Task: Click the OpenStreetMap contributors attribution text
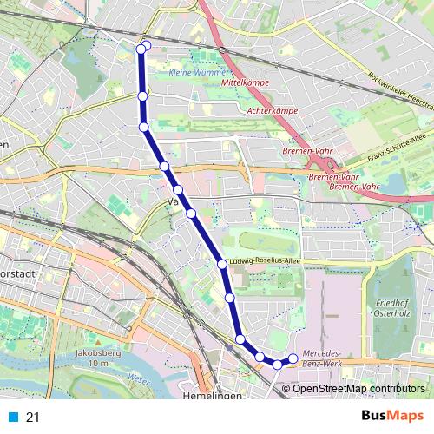[358, 388]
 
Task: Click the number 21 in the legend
[33, 418]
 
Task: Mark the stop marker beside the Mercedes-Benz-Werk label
[293, 358]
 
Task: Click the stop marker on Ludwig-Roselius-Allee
[222, 263]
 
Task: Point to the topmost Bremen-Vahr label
[304, 151]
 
